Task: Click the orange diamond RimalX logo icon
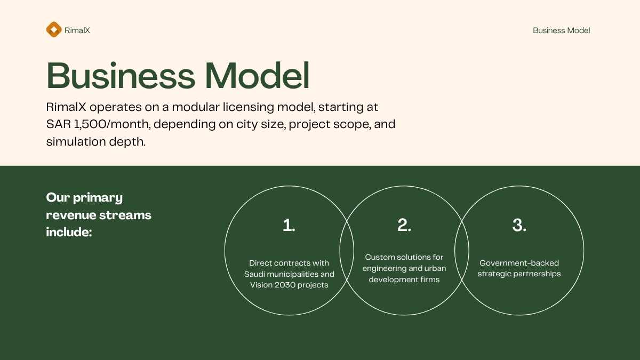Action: [x=54, y=29]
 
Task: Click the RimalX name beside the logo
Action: [x=77, y=30]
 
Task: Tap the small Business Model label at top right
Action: [x=562, y=30]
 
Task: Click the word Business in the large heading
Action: [x=121, y=75]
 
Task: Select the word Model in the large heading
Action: [x=258, y=75]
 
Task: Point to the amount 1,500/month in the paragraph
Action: [x=112, y=124]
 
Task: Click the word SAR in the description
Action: [x=59, y=124]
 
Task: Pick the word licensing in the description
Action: [x=249, y=107]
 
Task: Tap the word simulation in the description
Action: [x=76, y=142]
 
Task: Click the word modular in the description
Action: [x=196, y=107]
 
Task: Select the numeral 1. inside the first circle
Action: [x=289, y=225]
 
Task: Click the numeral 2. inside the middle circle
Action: [x=404, y=225]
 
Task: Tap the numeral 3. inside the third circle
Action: [x=519, y=225]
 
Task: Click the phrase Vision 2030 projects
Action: [x=289, y=285]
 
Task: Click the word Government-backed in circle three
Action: [x=519, y=263]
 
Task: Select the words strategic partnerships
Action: [x=519, y=274]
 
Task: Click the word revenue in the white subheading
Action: [x=71, y=215]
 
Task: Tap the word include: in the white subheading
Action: [x=69, y=232]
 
